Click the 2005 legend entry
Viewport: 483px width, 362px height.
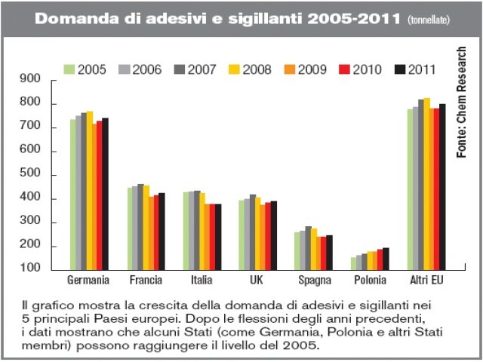84,69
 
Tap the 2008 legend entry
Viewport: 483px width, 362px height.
248,69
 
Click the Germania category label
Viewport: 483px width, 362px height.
89,281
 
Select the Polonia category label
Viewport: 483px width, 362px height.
369,281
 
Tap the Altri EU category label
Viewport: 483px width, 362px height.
426,281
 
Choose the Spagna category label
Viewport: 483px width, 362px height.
313,281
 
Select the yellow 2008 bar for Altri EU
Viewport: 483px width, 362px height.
426,184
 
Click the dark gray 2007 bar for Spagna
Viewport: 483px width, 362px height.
308,248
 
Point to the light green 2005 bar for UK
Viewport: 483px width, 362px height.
241,235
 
